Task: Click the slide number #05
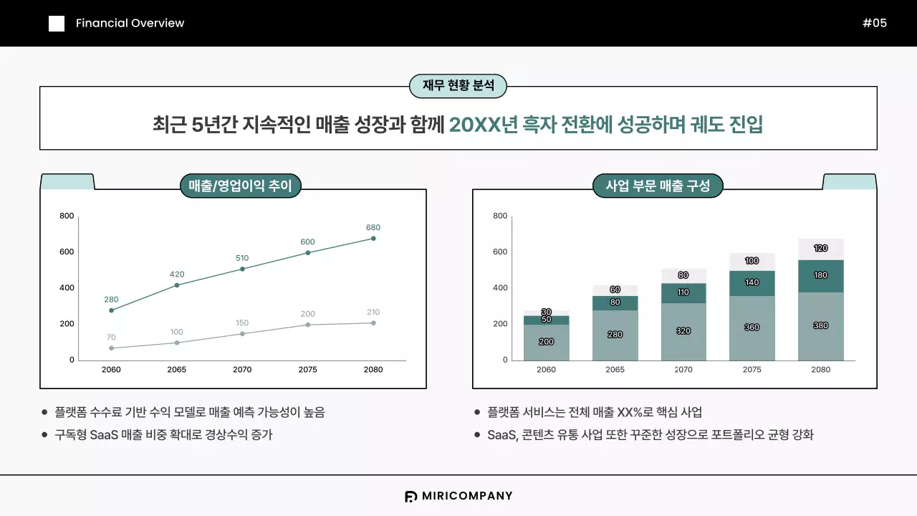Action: coord(875,23)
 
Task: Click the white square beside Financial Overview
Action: coord(57,24)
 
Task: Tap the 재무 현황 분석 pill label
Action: coord(458,86)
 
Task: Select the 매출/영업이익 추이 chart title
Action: coord(240,186)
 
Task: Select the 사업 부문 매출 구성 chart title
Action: coord(658,186)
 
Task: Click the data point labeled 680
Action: coord(373,239)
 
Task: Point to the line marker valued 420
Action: coord(177,285)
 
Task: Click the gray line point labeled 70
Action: coord(111,348)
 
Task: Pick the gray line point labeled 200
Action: coord(308,325)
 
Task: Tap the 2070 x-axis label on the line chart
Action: coord(242,370)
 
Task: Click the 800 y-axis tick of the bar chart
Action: coord(500,216)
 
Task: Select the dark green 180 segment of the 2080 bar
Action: coord(821,276)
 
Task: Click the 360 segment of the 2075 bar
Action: coord(752,328)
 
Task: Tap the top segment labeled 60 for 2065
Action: coord(615,290)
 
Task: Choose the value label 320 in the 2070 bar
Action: coord(683,331)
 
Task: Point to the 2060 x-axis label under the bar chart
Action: coord(546,370)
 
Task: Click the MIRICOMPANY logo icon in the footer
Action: coord(411,496)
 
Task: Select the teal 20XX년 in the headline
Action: coord(484,125)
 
